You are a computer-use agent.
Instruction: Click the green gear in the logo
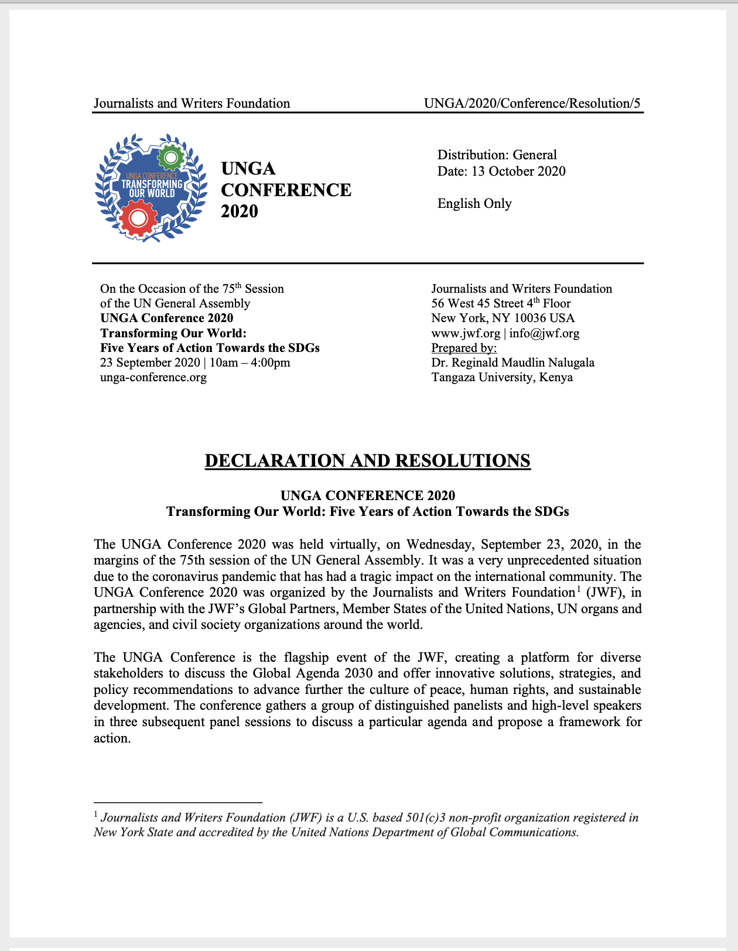tap(171, 157)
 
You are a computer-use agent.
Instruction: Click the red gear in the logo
tap(138, 218)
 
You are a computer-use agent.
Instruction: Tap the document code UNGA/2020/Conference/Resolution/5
tap(532, 104)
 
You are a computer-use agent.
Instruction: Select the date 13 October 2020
tap(518, 172)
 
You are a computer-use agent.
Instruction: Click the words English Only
tap(474, 204)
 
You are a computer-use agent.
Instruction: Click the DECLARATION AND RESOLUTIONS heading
tap(367, 461)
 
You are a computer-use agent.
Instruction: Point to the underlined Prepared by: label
tap(464, 348)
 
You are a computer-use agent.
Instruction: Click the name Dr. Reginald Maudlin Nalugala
tap(512, 362)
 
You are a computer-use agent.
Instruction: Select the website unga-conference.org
tap(153, 377)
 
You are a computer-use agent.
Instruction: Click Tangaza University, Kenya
tap(502, 377)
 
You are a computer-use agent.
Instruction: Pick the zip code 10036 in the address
tap(529, 318)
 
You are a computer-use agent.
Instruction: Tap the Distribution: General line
tap(497, 155)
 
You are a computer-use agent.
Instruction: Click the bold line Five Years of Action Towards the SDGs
tap(210, 348)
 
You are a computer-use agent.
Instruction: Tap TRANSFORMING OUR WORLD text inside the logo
tap(152, 189)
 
